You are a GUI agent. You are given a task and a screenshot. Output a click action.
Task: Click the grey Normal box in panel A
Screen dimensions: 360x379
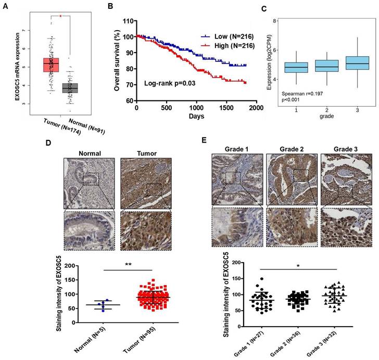(70, 87)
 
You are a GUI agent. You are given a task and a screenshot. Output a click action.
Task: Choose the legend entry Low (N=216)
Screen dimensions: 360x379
(223, 37)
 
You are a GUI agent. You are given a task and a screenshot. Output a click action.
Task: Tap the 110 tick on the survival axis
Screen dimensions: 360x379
(128, 21)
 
